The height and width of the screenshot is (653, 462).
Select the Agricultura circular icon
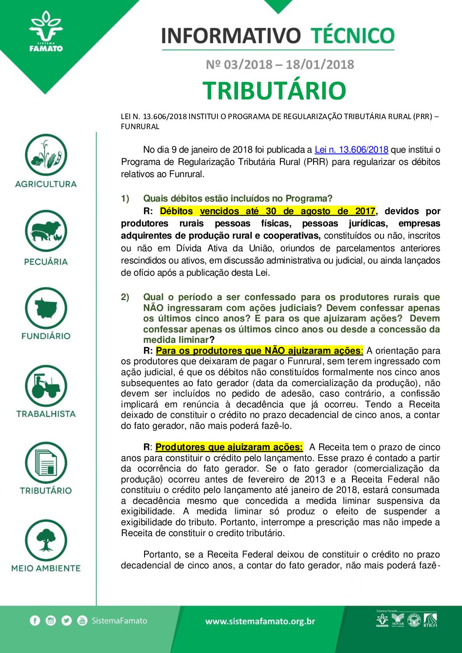[x=46, y=155]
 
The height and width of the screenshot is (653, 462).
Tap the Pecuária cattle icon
[x=46, y=231]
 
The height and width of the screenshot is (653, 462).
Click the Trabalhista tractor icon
[x=46, y=386]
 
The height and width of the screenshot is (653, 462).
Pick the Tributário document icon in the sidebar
[x=46, y=463]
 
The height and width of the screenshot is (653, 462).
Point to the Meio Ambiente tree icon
[x=46, y=540]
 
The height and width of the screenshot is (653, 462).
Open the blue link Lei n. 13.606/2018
[x=351, y=150]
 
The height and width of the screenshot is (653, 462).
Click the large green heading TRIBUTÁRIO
[x=274, y=90]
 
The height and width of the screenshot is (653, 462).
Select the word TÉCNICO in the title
[x=352, y=36]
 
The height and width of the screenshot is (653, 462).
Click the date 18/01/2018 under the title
[x=320, y=65]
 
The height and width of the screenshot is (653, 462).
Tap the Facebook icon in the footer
[x=35, y=621]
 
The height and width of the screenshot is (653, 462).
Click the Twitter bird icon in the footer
[x=66, y=621]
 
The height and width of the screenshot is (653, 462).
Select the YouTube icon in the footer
[x=82, y=621]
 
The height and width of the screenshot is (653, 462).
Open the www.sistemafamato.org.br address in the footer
[x=260, y=621]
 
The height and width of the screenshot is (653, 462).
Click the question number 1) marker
[x=125, y=199]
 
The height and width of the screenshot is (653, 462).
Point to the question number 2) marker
[x=125, y=297]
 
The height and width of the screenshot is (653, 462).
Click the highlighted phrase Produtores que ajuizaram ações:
[x=229, y=447]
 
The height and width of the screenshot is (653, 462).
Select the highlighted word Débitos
[x=176, y=211]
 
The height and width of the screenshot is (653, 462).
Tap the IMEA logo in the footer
[x=430, y=620]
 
